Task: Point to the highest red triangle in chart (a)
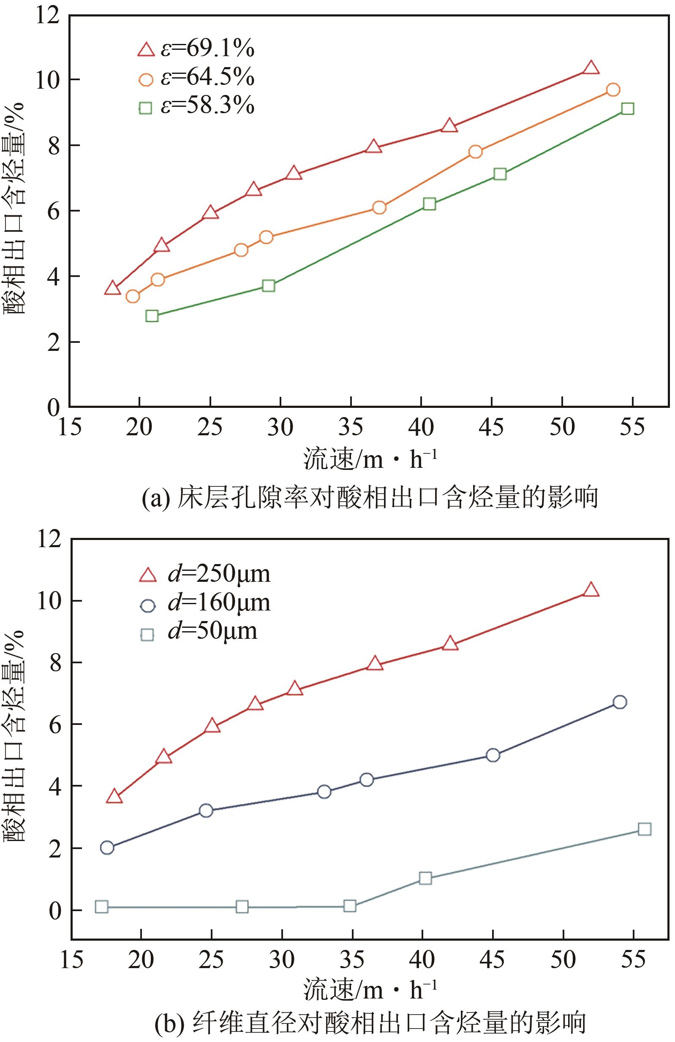coord(591,68)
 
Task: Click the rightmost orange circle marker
coord(613,90)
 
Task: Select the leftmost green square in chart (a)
coord(152,316)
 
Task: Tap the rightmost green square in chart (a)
coord(627,109)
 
